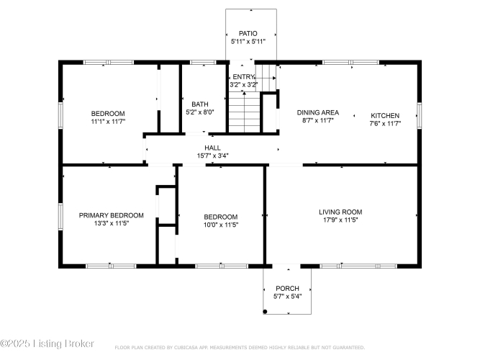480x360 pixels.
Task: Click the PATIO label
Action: (x=248, y=33)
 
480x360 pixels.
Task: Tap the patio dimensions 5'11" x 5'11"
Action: (x=248, y=41)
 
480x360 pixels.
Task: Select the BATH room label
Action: (x=200, y=104)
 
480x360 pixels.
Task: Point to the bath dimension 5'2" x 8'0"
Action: (x=200, y=112)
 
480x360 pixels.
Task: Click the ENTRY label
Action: (x=244, y=76)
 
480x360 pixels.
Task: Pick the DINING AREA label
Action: (x=318, y=112)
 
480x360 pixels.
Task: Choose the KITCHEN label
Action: (x=385, y=115)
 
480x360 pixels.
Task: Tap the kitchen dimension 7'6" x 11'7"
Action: (x=385, y=123)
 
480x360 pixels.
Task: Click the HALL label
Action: (x=213, y=148)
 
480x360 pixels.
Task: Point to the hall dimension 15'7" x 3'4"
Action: (x=213, y=156)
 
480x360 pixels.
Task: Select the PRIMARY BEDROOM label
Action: (x=111, y=215)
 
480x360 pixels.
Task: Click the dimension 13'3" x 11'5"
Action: (x=112, y=223)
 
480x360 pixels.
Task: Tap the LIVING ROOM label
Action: (x=340, y=212)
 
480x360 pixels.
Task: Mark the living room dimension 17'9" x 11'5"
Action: (x=340, y=220)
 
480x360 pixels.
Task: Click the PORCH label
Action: (x=287, y=288)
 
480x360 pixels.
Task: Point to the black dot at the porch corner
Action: (x=265, y=312)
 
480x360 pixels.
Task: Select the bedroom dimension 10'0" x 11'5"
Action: (x=221, y=225)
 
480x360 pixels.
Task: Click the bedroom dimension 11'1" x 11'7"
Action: (x=108, y=122)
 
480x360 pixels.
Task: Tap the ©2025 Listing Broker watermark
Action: (x=47, y=343)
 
